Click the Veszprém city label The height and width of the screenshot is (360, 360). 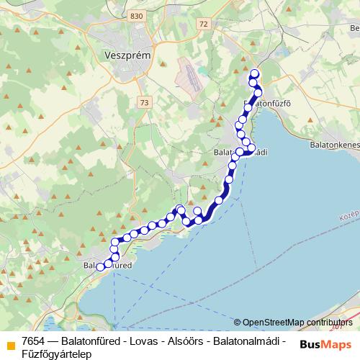pyautogui.click(x=127, y=55)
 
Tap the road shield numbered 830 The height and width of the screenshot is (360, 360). pyautogui.click(x=138, y=15)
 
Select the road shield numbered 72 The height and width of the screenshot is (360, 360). pyautogui.click(x=205, y=24)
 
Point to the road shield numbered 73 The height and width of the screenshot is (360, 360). pyautogui.click(x=146, y=103)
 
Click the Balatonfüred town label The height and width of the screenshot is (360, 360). pyautogui.click(x=109, y=266)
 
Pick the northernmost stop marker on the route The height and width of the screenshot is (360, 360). pyautogui.click(x=254, y=73)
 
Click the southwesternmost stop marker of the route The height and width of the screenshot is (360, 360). pyautogui.click(x=101, y=267)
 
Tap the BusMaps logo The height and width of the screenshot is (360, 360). pyautogui.click(x=326, y=343)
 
